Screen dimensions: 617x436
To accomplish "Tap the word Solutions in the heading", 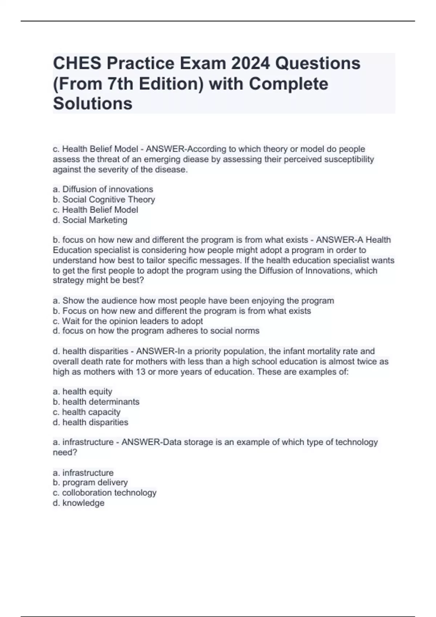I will [93, 103].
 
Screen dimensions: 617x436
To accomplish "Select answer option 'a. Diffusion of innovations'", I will [103, 189].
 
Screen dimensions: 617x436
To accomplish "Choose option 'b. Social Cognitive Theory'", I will [104, 199].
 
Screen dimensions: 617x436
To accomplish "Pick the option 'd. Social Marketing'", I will [90, 220].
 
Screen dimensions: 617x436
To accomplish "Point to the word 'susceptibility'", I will [347, 159].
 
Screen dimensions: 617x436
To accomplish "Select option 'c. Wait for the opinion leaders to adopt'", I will [128, 321].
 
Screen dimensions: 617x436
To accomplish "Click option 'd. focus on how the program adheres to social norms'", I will [156, 331].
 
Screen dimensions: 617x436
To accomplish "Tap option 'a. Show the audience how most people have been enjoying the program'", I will [193, 301].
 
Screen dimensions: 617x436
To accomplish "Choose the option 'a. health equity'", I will [82, 391].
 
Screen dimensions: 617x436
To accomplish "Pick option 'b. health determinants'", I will [96, 402].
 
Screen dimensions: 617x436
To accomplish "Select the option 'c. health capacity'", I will [86, 412].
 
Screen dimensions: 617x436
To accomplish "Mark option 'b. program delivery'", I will [90, 482].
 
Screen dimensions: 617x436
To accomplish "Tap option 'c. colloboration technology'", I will [105, 493].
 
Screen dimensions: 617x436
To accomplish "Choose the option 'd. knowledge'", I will [78, 503].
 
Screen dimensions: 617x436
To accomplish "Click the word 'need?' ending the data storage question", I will [65, 452].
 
